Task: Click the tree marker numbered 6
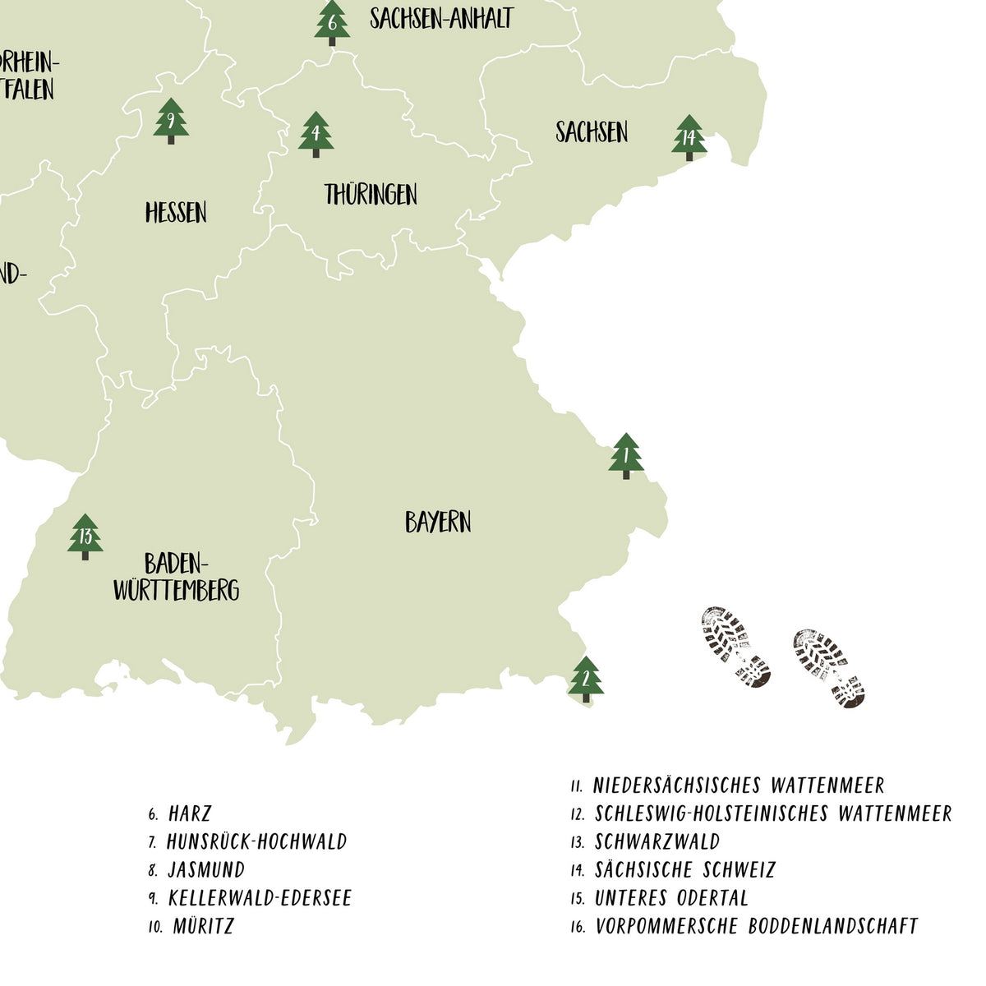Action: click(x=332, y=22)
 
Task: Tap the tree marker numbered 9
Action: click(x=171, y=122)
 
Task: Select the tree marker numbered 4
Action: click(x=316, y=134)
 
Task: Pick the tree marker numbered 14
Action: click(x=689, y=138)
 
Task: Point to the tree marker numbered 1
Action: click(x=626, y=455)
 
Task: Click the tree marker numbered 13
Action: click(x=85, y=537)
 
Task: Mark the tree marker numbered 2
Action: click(x=585, y=679)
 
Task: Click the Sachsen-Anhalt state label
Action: click(x=441, y=18)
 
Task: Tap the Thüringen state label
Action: click(x=371, y=195)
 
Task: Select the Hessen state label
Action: click(x=176, y=213)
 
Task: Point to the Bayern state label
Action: click(x=438, y=522)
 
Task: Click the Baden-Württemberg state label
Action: click(x=176, y=577)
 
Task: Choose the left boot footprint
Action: click(x=735, y=647)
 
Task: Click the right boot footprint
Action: click(x=828, y=668)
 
